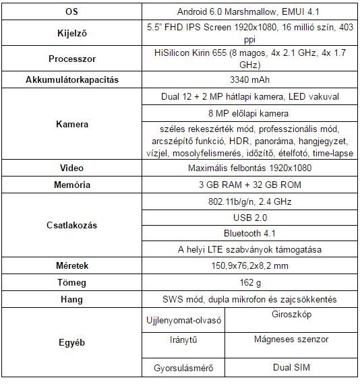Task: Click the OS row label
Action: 71,13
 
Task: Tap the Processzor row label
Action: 71,58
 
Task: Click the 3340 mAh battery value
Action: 250,79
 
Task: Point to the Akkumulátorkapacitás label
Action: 71,79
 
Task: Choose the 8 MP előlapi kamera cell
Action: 250,113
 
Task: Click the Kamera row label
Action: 71,125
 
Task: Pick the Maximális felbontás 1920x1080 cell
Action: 250,166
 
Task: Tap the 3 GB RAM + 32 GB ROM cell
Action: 250,183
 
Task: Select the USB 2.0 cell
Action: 250,217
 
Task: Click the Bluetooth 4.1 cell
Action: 250,233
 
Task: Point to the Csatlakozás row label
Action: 71,225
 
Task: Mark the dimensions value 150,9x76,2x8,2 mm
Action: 250,266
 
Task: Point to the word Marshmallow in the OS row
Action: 247,13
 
